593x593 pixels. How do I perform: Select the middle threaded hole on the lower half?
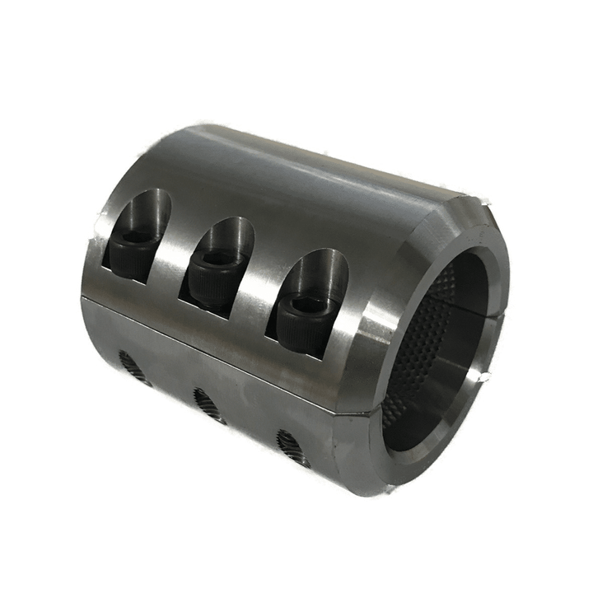[x=210, y=404]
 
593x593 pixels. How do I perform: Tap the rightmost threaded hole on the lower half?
[x=293, y=447]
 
